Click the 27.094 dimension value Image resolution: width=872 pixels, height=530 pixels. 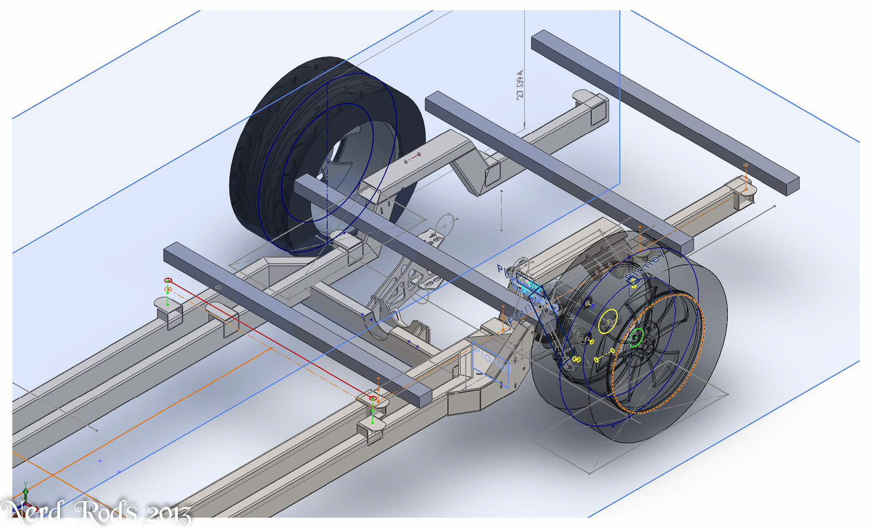click(520, 85)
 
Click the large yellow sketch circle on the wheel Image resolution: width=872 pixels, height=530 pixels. click(608, 321)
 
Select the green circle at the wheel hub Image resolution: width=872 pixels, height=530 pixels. click(636, 337)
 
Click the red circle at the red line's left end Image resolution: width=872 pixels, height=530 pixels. click(168, 280)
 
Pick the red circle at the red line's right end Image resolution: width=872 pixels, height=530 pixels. click(373, 399)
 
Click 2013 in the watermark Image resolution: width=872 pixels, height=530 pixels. click(168, 514)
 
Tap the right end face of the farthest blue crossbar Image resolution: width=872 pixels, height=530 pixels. click(792, 187)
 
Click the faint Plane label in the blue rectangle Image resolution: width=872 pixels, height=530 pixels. click(488, 359)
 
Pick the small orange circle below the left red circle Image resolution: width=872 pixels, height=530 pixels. click(168, 289)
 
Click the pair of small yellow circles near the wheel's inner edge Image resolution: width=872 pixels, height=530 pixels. click(576, 360)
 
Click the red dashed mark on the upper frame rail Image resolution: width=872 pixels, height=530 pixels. click(412, 158)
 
